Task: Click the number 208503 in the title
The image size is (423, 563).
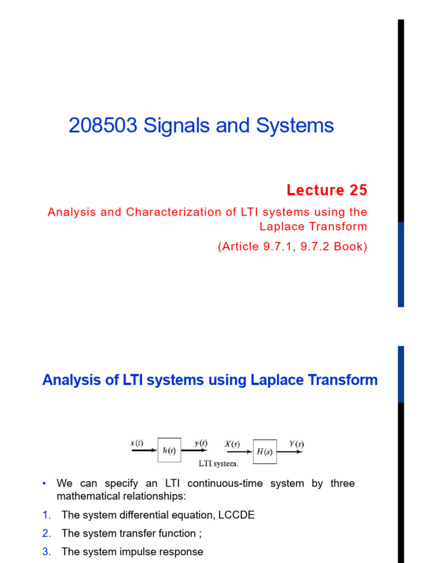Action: tap(103, 126)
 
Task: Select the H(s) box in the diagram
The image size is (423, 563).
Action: tap(265, 452)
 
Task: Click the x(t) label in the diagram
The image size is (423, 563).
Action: tap(137, 443)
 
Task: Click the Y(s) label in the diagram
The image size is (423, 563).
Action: tap(296, 444)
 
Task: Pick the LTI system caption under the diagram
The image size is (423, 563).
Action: tap(218, 463)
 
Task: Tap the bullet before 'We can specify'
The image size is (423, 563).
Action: tap(44, 484)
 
